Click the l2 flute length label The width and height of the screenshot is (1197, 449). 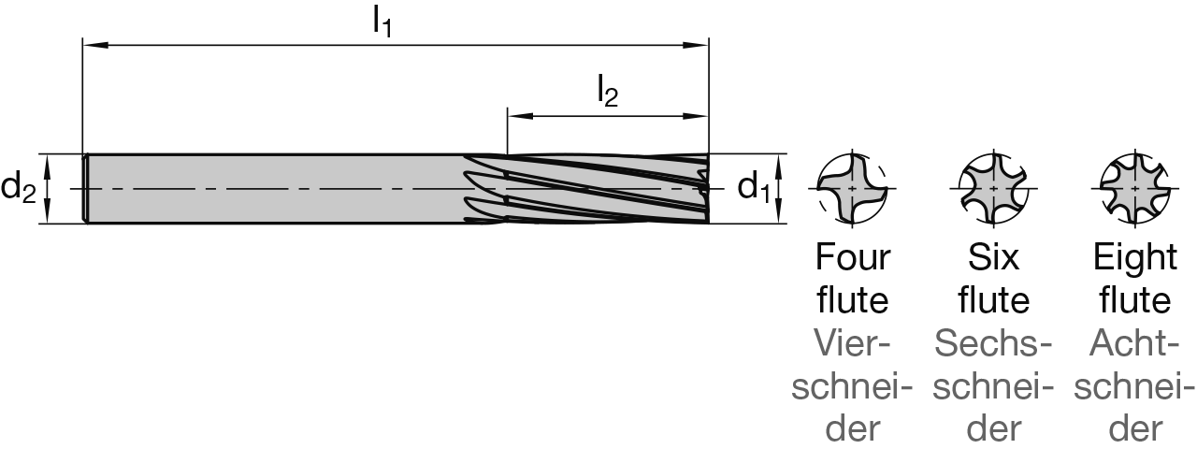click(608, 93)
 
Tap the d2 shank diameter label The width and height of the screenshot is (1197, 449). click(18, 189)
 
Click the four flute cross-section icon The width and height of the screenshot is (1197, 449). click(851, 187)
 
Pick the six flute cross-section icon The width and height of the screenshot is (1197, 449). click(993, 187)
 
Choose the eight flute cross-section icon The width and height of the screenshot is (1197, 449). click(1134, 187)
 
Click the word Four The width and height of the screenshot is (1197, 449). click(853, 257)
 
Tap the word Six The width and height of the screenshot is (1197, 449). click(993, 257)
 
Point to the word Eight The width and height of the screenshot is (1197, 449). click(1134, 257)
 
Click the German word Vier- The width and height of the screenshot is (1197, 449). click(852, 345)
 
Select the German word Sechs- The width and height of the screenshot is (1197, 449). click(993, 345)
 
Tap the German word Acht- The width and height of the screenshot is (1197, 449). click(1134, 345)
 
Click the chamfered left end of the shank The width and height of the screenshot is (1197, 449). click(85, 189)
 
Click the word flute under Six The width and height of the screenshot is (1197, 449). click(993, 301)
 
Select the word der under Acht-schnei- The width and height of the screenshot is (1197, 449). click(1134, 429)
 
